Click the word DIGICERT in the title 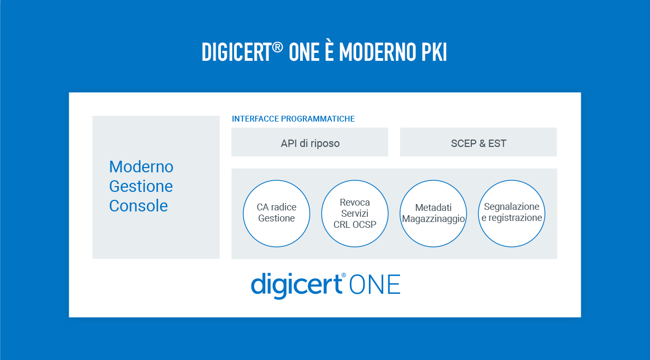(237, 52)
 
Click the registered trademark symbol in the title (277, 48)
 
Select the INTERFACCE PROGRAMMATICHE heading (293, 119)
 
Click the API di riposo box (310, 142)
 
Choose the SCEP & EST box (478, 142)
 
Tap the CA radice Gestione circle (276, 214)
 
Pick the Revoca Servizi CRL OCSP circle (355, 214)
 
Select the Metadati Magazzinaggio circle (433, 214)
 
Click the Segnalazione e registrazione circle (512, 214)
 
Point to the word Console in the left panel (138, 206)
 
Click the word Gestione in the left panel (141, 186)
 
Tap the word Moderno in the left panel (141, 167)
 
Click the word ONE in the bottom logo (375, 284)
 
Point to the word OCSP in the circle (364, 225)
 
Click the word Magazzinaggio (433, 219)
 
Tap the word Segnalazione (512, 206)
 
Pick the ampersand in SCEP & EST (482, 143)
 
